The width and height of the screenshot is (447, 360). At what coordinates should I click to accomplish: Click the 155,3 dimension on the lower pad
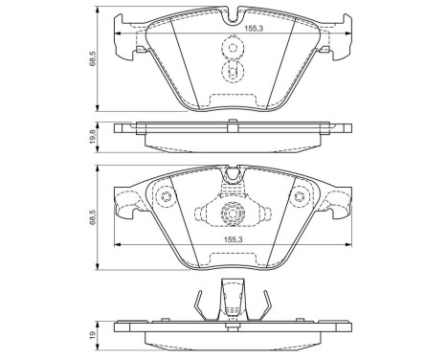233,241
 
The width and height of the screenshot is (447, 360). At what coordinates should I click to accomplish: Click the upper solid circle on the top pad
232,48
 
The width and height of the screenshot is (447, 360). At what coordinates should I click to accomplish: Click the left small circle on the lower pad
164,199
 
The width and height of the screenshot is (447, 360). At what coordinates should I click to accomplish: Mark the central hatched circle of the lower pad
232,214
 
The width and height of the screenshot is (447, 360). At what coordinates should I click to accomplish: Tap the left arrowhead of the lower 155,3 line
118,247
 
